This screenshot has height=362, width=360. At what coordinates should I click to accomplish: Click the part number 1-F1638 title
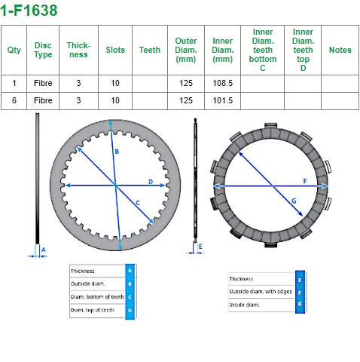point(29,11)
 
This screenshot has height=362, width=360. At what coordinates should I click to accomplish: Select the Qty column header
point(14,50)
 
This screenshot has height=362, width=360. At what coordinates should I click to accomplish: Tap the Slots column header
point(115,50)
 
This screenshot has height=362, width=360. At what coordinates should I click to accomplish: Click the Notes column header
point(340,50)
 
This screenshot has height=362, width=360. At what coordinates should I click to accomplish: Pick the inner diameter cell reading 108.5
point(223,83)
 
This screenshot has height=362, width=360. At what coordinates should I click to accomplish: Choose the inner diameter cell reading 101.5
point(223,100)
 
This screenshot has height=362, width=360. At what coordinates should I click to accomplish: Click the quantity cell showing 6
point(14,100)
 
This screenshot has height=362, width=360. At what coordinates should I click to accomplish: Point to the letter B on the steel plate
point(117,152)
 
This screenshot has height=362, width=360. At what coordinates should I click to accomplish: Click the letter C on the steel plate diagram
point(138,203)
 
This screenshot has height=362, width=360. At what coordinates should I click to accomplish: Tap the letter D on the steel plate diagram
point(151,182)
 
